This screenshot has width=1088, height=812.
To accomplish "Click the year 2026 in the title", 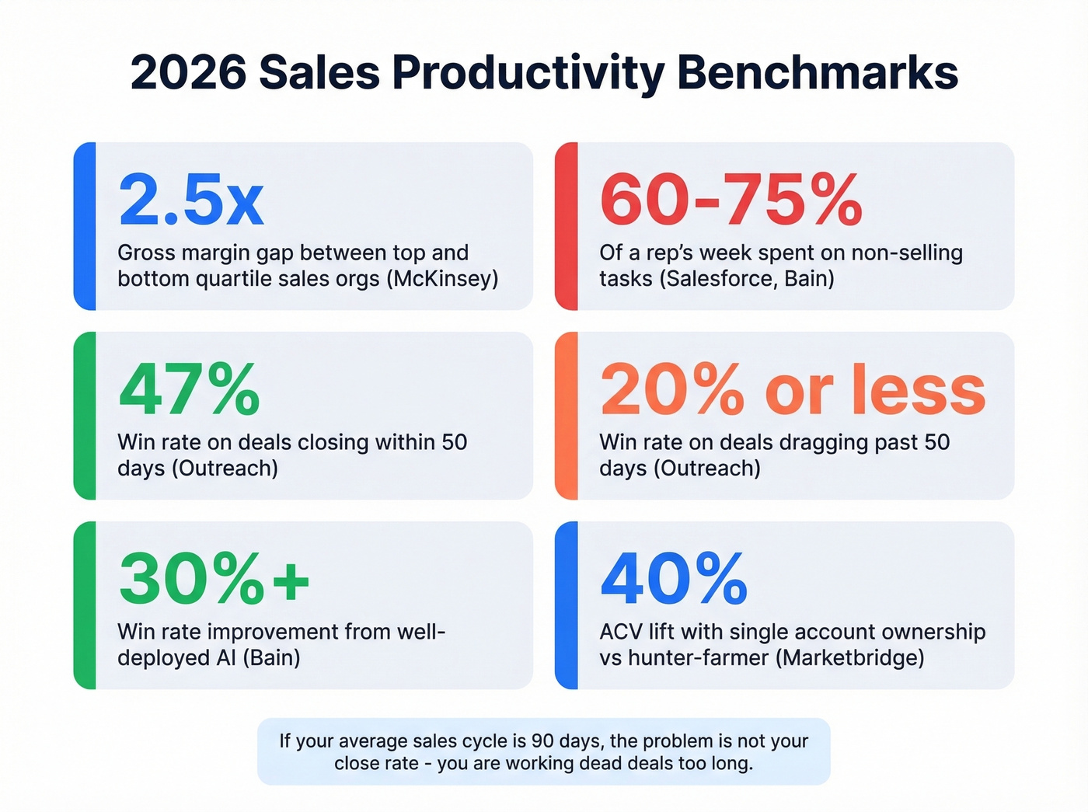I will point(188,73).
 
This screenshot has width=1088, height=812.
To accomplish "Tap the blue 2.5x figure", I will point(191,200).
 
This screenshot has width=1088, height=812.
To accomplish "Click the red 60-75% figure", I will point(731,200).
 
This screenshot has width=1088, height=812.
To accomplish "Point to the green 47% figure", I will point(189,389).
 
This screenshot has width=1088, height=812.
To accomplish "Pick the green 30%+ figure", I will point(214,579).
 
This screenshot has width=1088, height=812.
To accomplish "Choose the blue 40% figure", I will point(674,579).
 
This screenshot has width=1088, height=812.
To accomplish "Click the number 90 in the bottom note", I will point(543,741).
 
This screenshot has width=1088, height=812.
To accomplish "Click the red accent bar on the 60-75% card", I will point(567,226).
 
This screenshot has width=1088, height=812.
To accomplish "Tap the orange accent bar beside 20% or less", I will point(567,416).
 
